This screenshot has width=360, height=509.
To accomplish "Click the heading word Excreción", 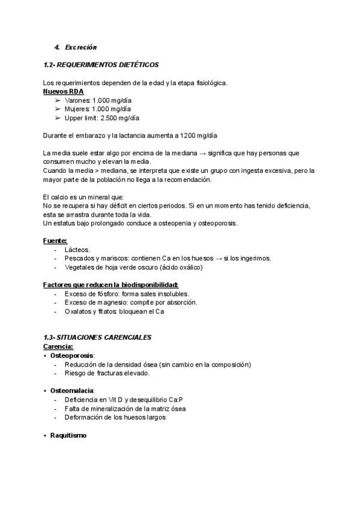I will pos(81,47).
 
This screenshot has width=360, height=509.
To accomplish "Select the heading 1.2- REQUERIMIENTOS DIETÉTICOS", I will pos(101,64).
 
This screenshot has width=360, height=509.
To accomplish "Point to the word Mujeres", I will pos(77,109).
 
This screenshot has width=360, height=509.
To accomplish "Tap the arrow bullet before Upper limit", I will pos(58,118).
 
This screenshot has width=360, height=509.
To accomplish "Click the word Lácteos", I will pos(77,249).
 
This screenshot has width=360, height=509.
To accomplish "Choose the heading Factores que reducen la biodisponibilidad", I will pos(111,285).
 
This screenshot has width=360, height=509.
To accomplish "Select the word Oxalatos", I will pos(79,312).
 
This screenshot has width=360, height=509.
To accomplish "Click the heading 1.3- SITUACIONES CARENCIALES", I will pos(98,338).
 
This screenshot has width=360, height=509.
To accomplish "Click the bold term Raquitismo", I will pos(68,435).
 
